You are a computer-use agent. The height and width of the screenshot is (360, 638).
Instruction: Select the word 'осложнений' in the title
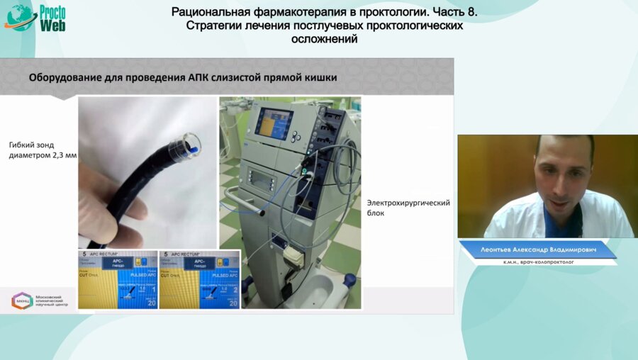pos(325,39)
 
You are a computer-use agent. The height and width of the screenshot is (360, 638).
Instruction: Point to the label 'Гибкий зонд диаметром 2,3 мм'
pos(41,150)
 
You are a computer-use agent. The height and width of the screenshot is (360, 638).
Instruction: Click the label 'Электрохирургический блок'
pos(408,207)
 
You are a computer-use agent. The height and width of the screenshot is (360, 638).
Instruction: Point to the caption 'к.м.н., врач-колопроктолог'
pos(537,262)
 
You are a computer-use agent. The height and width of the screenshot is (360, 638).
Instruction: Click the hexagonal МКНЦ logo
pos(21,300)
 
